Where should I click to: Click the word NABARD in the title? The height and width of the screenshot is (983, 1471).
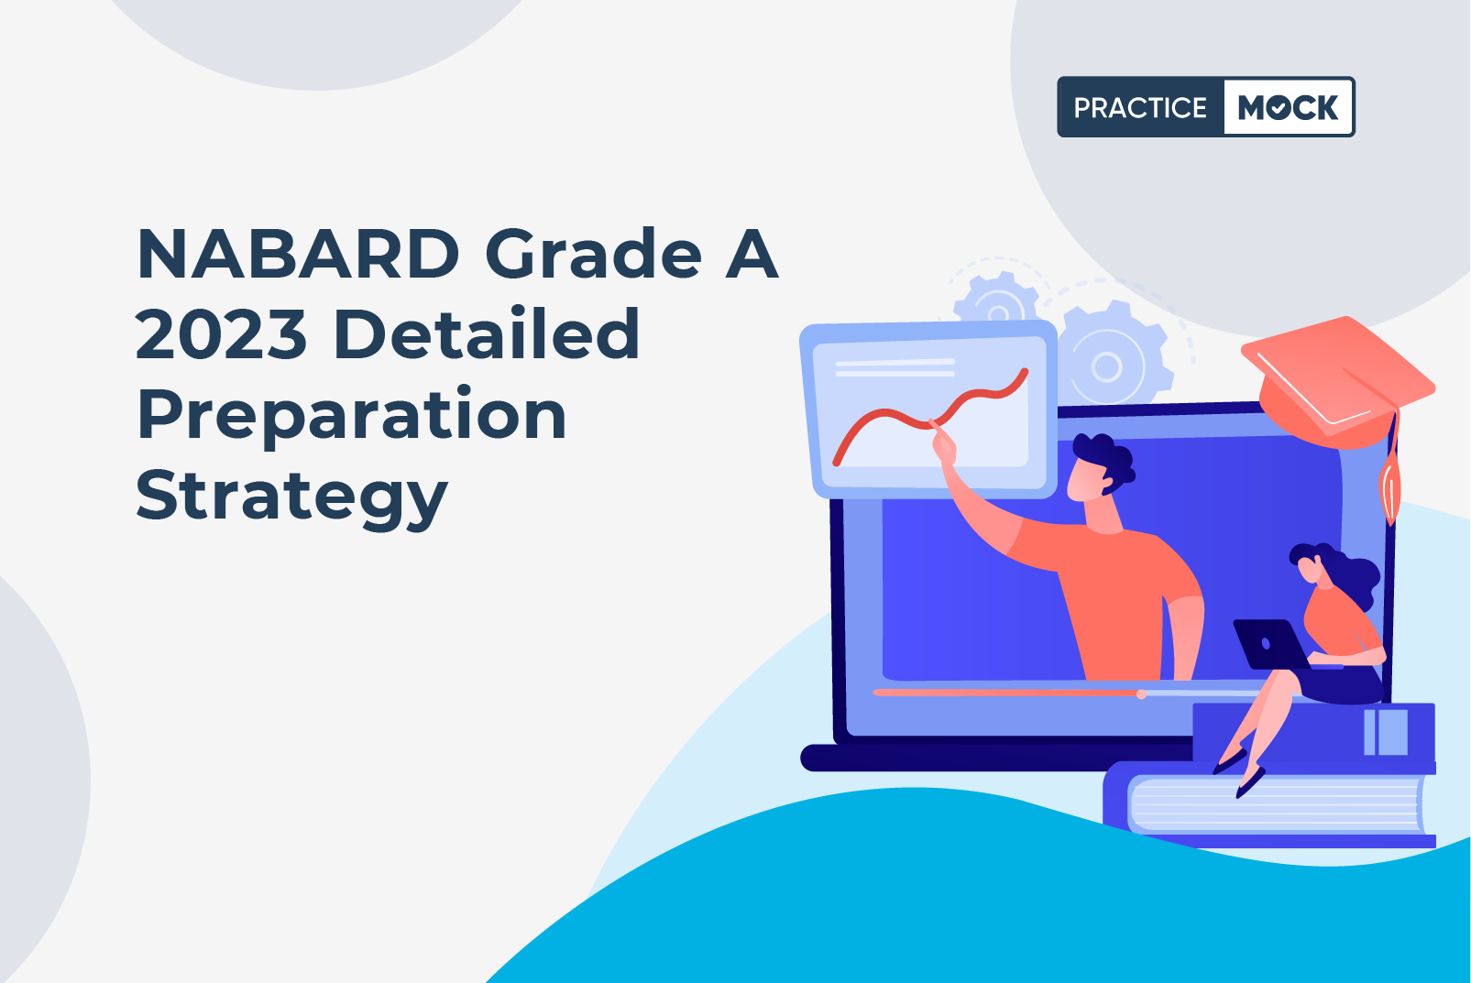point(298,255)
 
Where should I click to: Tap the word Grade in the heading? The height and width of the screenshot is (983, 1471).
point(594,255)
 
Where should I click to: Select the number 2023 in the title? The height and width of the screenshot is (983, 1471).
point(221,334)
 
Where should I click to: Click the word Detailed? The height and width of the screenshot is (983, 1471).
point(487,333)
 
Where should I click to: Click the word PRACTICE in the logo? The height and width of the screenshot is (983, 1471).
point(1140,107)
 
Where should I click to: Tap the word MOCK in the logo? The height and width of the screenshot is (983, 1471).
point(1288,107)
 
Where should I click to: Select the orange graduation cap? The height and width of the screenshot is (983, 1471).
point(1337,380)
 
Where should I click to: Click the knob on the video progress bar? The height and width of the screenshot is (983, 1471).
point(1141,694)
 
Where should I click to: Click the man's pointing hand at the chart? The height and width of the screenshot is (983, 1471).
point(944,445)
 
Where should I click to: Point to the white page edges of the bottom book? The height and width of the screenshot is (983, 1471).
point(1275,804)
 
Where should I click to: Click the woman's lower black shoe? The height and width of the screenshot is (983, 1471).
point(1250,783)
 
